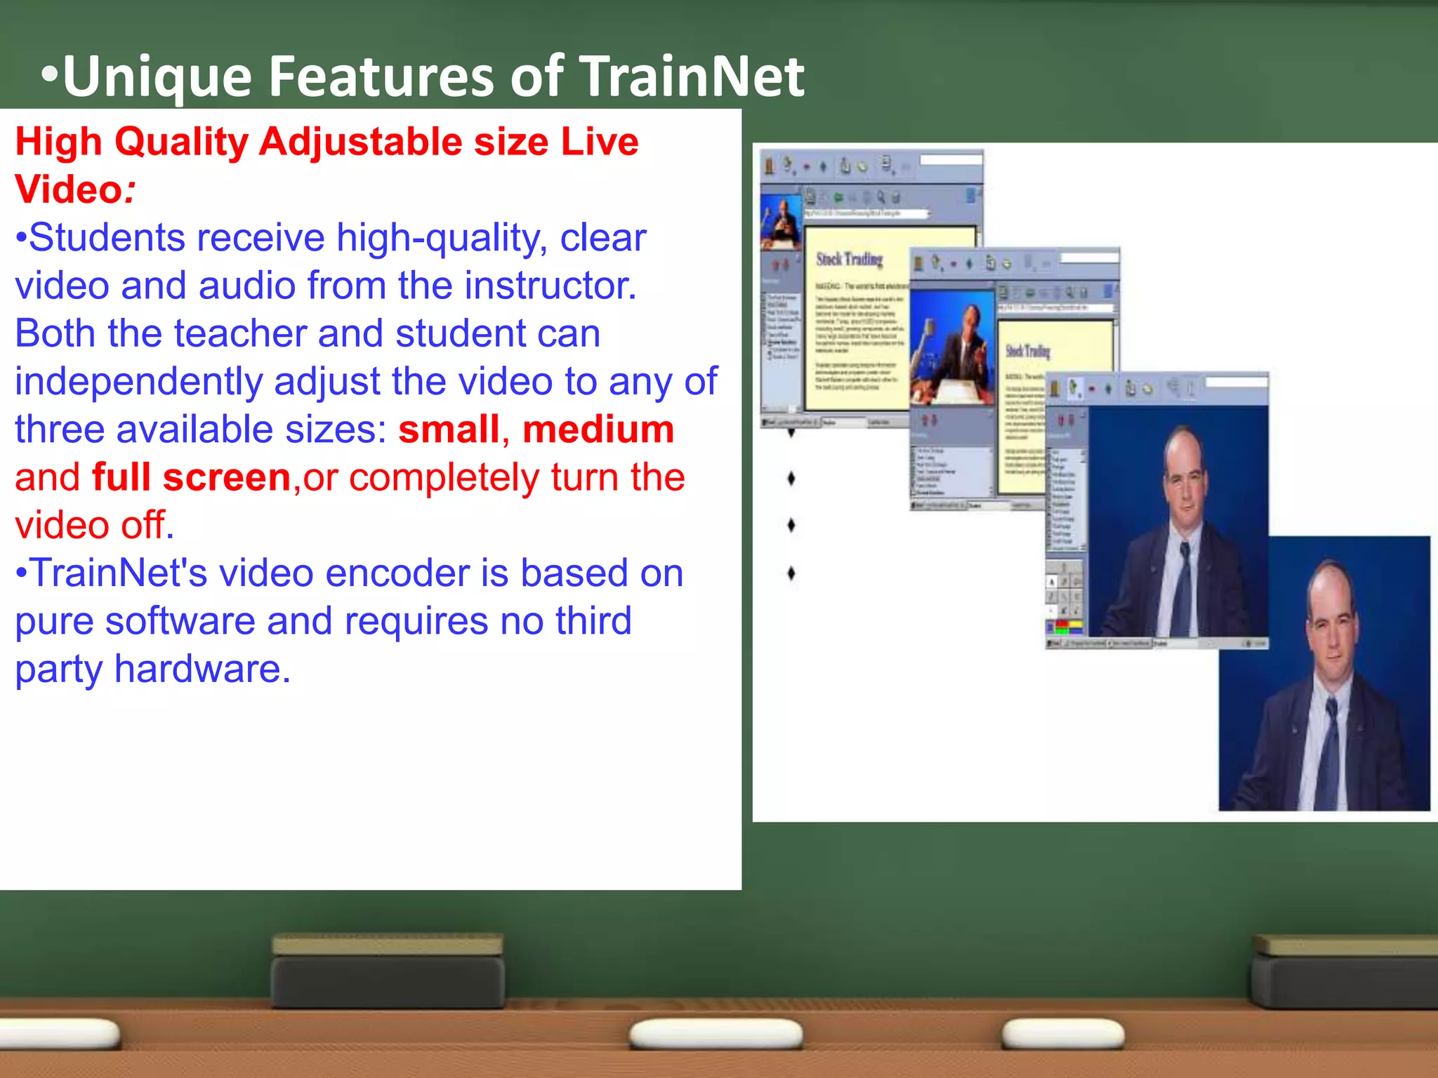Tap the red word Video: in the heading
coord(74,189)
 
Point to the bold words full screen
coord(191,477)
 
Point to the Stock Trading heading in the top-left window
coord(848,260)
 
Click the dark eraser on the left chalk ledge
coord(388,972)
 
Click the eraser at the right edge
coord(1345,972)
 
